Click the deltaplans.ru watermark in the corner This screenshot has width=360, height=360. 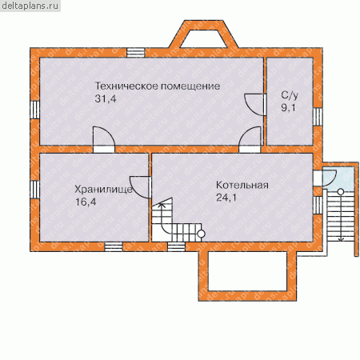click(30, 6)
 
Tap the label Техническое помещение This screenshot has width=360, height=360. click(158, 86)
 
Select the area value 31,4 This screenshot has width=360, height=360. click(106, 99)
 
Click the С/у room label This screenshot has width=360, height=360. click(290, 95)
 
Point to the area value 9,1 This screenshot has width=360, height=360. click(288, 107)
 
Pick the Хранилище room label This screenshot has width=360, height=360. click(103, 190)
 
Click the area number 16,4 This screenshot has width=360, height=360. click(86, 202)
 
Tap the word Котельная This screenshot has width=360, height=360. click(242, 185)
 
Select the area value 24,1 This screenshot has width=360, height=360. click(226, 198)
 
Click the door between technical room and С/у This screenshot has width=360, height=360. click(255, 105)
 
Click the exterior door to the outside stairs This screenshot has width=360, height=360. click(326, 178)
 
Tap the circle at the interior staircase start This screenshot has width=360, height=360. click(201, 234)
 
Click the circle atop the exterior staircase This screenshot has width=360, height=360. click(341, 191)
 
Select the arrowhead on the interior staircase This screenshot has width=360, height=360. click(161, 205)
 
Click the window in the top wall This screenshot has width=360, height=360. click(136, 53)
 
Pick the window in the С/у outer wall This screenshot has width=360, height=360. click(318, 117)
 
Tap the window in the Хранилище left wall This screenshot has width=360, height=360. click(35, 190)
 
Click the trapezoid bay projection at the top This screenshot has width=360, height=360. click(203, 34)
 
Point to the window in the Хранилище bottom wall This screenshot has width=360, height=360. click(114, 246)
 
